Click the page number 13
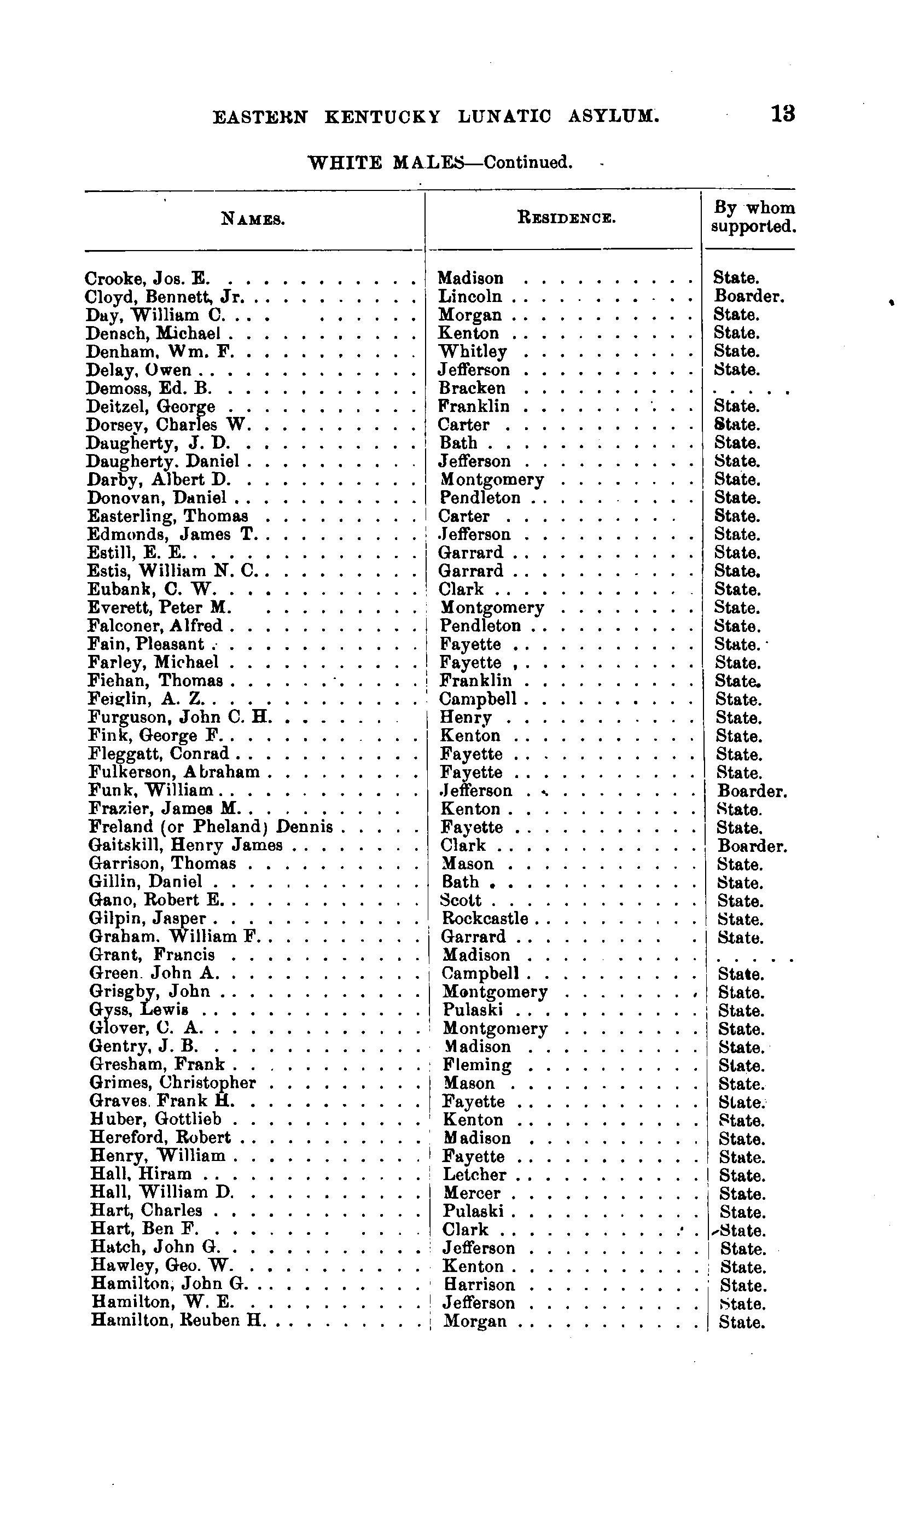click(783, 114)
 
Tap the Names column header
click(253, 219)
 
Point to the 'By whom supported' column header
click(752, 217)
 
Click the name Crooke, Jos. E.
click(148, 278)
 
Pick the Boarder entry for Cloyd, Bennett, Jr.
click(749, 296)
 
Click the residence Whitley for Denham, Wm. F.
click(473, 351)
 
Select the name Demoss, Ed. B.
click(149, 388)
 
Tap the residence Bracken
click(472, 388)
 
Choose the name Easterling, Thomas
click(167, 516)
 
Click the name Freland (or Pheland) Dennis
click(211, 827)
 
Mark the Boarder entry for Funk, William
click(752, 791)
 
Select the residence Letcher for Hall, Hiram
click(474, 1175)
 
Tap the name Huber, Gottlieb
click(155, 1119)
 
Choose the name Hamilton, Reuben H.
click(177, 1321)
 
